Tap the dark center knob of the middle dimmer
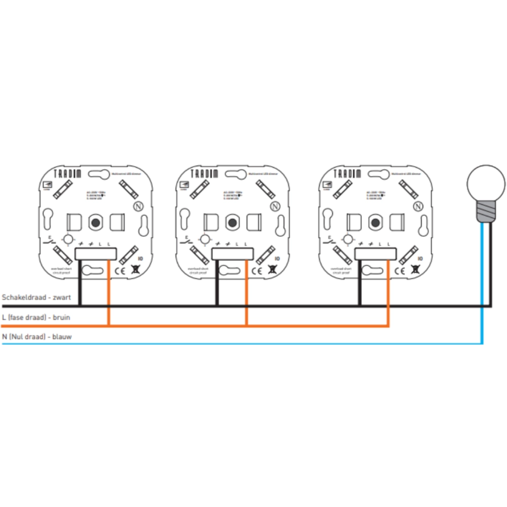[x=233, y=222]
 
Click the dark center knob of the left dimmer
[x=95, y=222]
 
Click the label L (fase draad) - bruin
[x=36, y=317]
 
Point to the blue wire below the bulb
[x=482, y=284]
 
